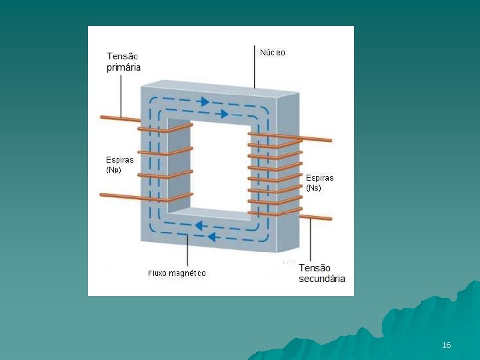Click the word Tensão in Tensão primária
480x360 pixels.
pyautogui.click(x=123, y=57)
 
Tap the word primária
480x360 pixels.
pyautogui.click(x=124, y=67)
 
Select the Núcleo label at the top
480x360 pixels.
pyautogui.click(x=272, y=53)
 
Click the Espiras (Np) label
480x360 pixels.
pyautogui.click(x=120, y=165)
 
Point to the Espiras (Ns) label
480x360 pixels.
pyautogui.click(x=319, y=183)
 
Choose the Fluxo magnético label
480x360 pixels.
pyautogui.click(x=177, y=273)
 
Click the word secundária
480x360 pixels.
pyautogui.click(x=322, y=279)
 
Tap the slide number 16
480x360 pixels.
pyautogui.click(x=446, y=345)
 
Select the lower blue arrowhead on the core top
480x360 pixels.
pyautogui.click(x=224, y=114)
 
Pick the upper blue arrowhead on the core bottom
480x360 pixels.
pyautogui.click(x=198, y=226)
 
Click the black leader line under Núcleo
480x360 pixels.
pyautogui.click(x=254, y=67)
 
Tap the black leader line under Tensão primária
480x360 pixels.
pyautogui.click(x=121, y=93)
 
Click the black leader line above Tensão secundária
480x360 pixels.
pyautogui.click(x=310, y=240)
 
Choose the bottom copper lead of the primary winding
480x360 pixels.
pyautogui.click(x=117, y=195)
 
